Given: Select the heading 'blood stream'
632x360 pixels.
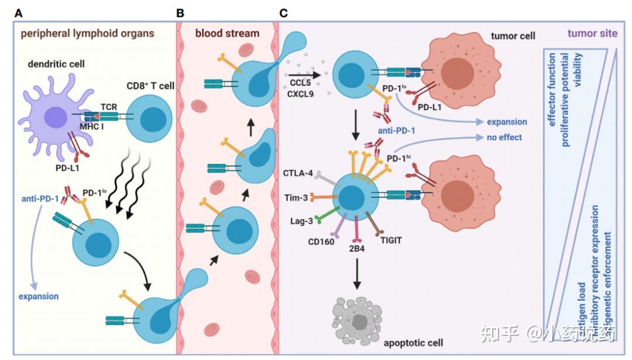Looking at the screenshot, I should pos(227,33).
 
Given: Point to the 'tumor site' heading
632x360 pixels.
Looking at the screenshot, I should pos(593,33).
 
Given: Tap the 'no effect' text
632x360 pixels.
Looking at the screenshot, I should pos(503,138).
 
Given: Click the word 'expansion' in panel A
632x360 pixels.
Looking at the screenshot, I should pos(38,296).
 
